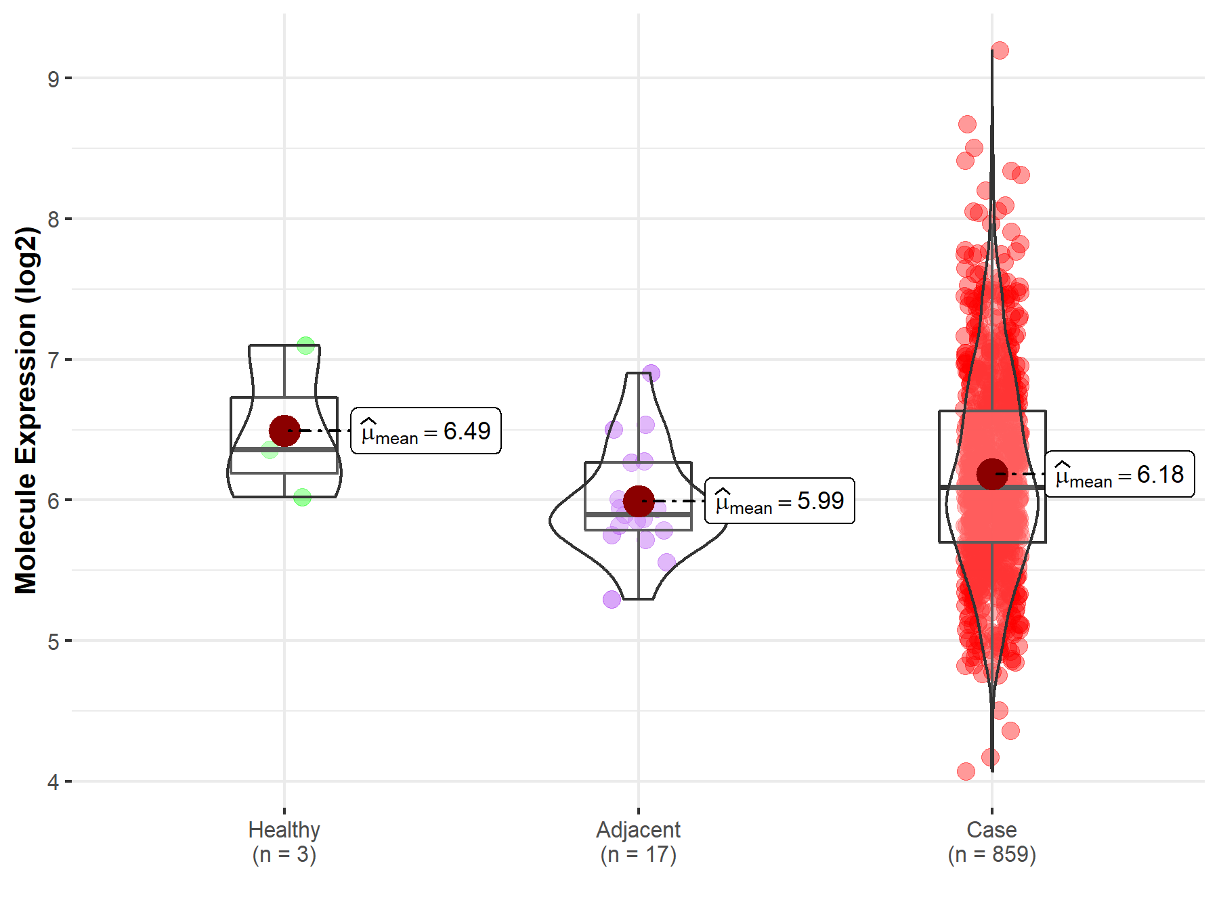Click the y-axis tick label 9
[53, 79]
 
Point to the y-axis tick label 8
[53, 219]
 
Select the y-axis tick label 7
[53, 360]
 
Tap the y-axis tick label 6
[53, 501]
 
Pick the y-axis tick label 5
[53, 641]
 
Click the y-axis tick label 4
[53, 782]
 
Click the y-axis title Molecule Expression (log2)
[26, 410]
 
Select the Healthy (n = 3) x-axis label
[284, 842]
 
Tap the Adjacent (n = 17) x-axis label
[638, 842]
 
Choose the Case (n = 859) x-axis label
[991, 842]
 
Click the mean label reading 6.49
[426, 431]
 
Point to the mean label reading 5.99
[779, 502]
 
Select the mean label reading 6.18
[1119, 475]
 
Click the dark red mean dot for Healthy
[284, 431]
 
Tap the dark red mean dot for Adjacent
[638, 501]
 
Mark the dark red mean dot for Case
[992, 474]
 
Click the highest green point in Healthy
[305, 345]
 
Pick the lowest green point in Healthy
[302, 497]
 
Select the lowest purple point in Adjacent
[612, 599]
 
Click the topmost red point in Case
[1000, 50]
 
